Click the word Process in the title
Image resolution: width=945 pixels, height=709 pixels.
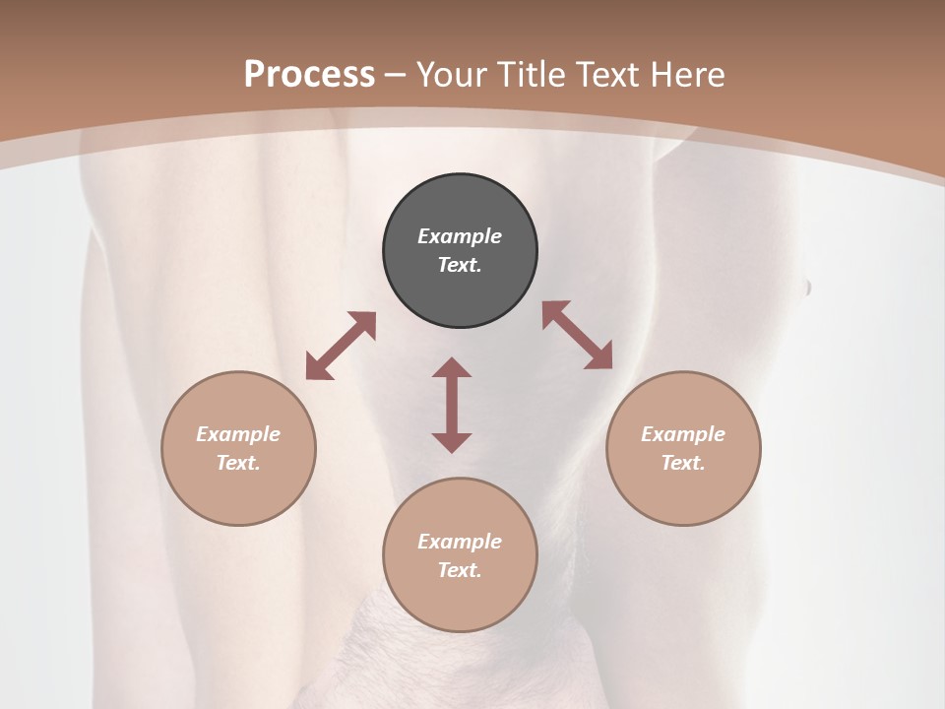tap(309, 75)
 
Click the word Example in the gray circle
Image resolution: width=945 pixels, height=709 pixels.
tap(460, 236)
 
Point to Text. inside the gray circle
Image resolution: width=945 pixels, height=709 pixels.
tap(460, 265)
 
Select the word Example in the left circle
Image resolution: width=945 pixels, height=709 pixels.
tap(238, 434)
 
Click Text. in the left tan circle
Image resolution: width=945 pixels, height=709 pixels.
tap(238, 463)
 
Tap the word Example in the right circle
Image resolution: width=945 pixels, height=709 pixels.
tap(683, 434)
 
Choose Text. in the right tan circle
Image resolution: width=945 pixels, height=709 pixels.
tap(683, 463)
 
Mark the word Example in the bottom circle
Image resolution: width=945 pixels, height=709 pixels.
tap(460, 542)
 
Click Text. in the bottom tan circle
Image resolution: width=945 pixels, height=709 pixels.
tap(460, 570)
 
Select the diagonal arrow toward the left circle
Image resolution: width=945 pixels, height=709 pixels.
tap(341, 346)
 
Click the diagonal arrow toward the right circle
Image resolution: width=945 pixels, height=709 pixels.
tap(578, 335)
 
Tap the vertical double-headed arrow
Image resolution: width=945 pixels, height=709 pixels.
tap(452, 405)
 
